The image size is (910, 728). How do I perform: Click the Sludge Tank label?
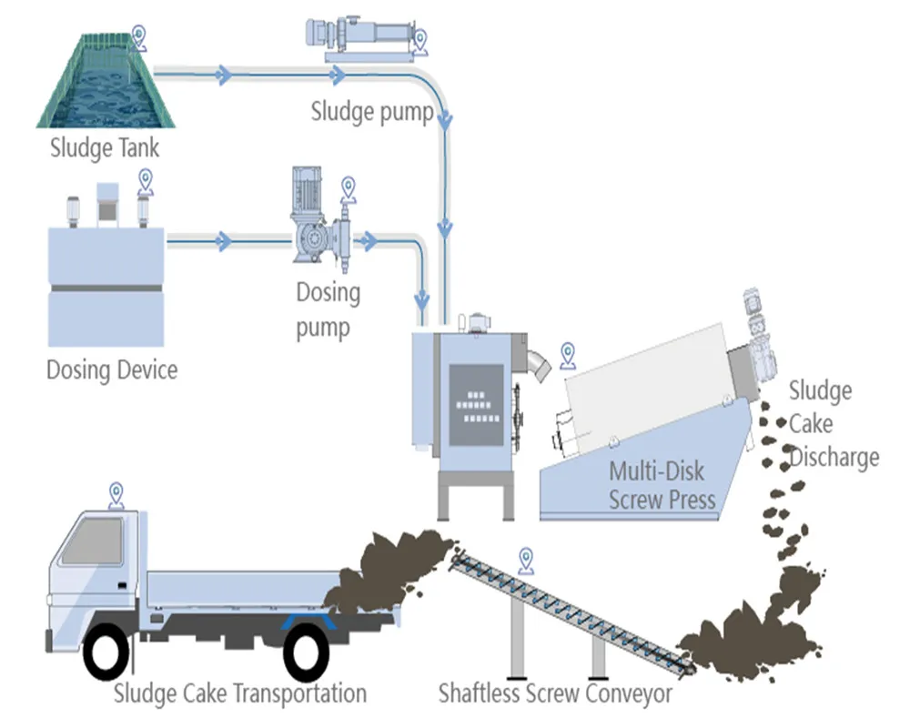coord(105,147)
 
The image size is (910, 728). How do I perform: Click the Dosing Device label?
coord(112,370)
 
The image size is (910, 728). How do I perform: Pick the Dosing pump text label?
coord(328,309)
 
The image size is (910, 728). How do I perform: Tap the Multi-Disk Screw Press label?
coord(662,485)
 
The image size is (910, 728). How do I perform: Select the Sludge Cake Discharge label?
coord(833,424)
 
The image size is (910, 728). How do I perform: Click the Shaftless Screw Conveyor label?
coord(555,693)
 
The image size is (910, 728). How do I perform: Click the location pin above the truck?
coord(116,494)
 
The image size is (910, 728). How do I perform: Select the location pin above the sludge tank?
coord(138,37)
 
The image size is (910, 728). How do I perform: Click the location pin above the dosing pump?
coord(347,189)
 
